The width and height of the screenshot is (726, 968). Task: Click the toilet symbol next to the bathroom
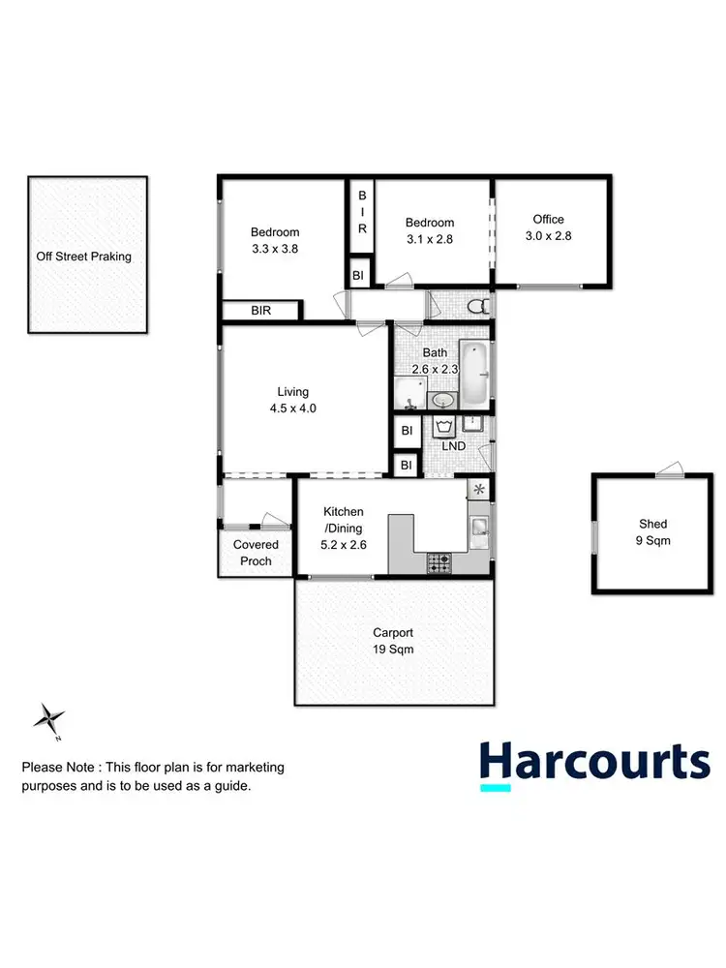pos(475,307)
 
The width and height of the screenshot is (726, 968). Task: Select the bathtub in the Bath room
pos(475,374)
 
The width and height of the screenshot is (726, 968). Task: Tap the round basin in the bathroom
pos(443,400)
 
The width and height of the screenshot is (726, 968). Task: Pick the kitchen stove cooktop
pos(439,560)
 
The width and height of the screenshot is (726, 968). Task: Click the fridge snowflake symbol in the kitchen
pos(477,490)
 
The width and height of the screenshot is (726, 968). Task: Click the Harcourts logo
pos(595,763)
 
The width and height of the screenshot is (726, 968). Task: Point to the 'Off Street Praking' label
pos(87,257)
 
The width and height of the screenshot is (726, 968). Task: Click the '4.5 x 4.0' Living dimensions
pos(293,408)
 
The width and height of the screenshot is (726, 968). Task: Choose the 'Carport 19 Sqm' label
pos(393,642)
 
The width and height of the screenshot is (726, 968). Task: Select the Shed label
pos(649,533)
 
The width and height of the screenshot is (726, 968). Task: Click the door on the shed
pos(668,471)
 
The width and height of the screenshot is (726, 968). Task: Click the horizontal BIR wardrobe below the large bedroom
pos(261,311)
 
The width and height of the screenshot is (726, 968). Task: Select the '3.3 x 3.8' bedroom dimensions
pos(275,249)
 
